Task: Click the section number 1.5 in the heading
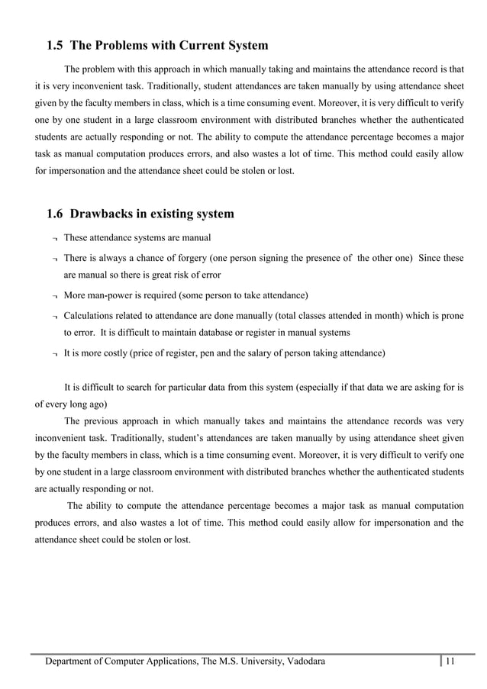click(x=56, y=46)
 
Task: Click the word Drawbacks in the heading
click(x=113, y=214)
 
